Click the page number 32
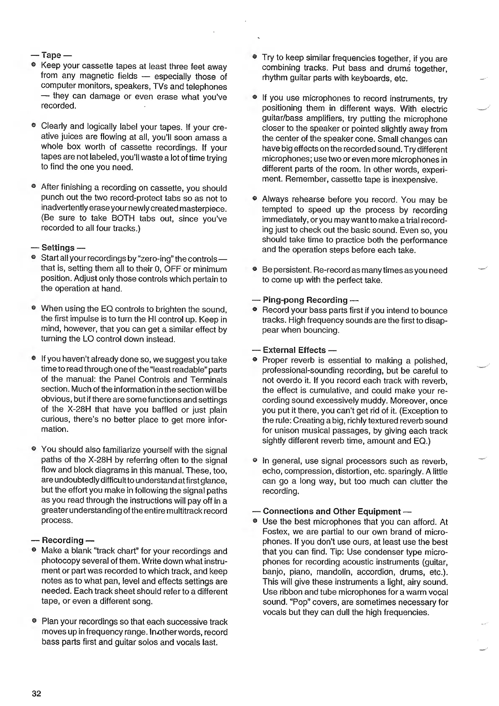(x=36, y=693)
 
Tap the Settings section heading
(x=58, y=248)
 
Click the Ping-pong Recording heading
(x=305, y=300)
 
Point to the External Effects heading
(x=294, y=350)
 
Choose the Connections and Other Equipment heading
(x=331, y=511)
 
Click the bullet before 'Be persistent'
(x=254, y=270)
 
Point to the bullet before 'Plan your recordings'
(x=33, y=621)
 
